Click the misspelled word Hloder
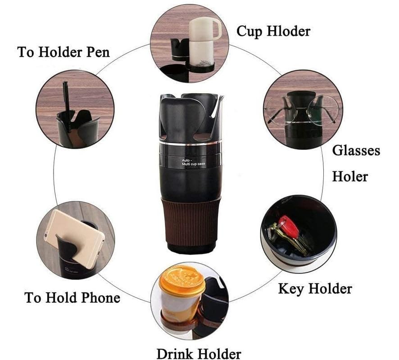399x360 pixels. pos(288,31)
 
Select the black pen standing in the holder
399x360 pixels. pos(66,99)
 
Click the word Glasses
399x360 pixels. pos(356,150)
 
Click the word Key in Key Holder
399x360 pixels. pos(290,288)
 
